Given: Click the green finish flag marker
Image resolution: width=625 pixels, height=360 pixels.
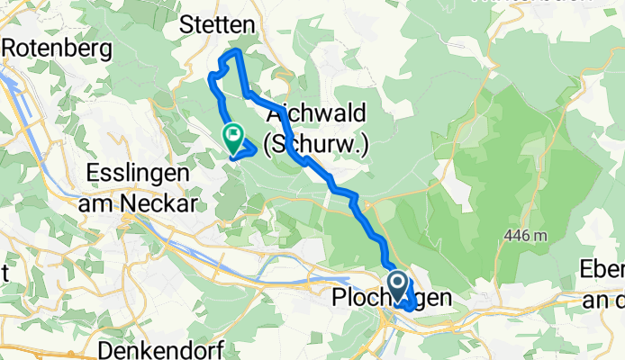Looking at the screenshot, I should (233, 138).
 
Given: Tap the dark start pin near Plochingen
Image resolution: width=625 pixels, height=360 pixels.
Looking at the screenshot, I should (397, 285).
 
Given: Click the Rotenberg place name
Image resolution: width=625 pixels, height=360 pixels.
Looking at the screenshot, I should (59, 47).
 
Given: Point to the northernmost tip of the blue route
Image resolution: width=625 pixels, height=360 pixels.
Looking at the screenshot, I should (235, 52).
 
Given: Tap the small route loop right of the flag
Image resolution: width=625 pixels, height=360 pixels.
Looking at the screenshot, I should (249, 148).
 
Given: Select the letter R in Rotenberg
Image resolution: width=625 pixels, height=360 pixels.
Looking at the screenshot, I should (12, 47).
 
